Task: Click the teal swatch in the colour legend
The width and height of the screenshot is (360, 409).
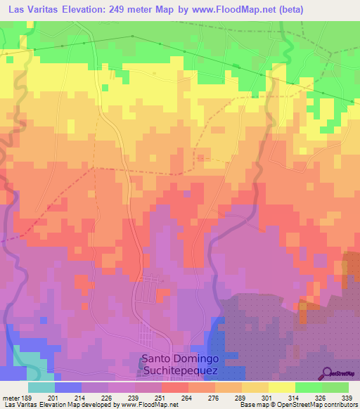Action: click(41, 387)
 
